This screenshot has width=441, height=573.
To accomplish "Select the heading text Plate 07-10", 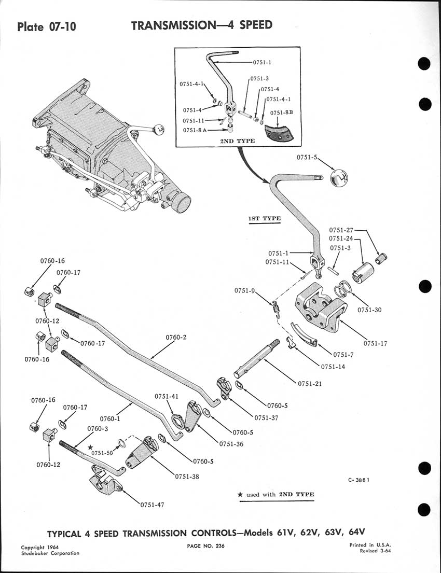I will pyautogui.click(x=47, y=26).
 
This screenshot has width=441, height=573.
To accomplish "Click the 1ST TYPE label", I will pyautogui.click(x=265, y=218).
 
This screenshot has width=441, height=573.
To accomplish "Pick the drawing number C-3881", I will pyautogui.click(x=358, y=480).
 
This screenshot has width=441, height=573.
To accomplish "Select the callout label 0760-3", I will pyautogui.click(x=98, y=429).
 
